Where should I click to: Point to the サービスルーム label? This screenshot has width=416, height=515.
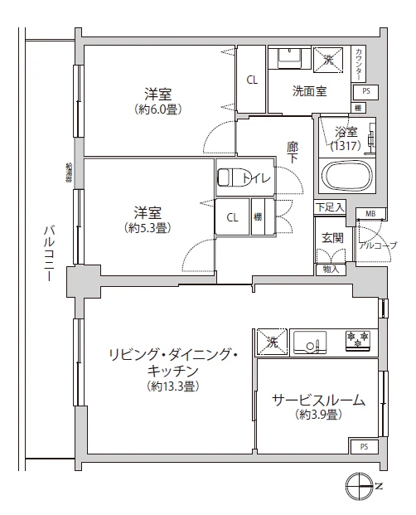coord(318,406)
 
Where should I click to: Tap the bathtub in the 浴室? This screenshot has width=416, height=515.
coord(346,177)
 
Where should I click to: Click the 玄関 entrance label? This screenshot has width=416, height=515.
coord(332,237)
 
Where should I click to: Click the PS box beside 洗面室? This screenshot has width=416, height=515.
coord(365,91)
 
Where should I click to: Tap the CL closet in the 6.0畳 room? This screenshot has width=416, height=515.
coord(251,80)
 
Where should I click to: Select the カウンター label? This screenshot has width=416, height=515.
coord(358,62)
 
